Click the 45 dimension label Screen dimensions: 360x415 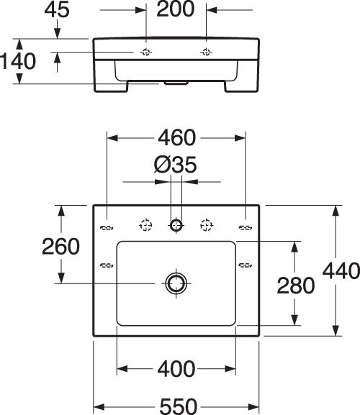point(57,10)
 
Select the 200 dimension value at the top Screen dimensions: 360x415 point(176,9)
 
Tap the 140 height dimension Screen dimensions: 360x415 point(17,61)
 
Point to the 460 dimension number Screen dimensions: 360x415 point(176,137)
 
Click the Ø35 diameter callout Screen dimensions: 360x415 point(176,165)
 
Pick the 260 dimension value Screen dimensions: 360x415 point(60,247)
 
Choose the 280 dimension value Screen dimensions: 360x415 point(296,286)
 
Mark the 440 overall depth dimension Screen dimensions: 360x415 point(341,271)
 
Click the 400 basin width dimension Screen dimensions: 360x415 point(176,369)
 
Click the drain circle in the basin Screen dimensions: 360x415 point(176,283)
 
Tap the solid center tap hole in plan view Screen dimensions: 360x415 point(176,226)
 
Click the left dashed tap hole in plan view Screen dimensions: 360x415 point(145,226)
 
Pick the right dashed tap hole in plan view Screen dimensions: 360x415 point(207,225)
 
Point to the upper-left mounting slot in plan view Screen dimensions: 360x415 point(107,227)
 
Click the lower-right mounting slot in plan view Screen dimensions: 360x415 point(246,265)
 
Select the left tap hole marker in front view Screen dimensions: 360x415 point(145,52)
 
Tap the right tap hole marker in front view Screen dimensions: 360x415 point(206,52)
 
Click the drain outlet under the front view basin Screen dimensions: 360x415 point(176,83)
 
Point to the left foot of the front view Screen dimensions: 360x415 point(112,86)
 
